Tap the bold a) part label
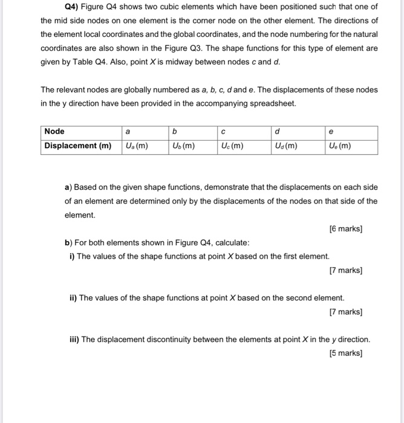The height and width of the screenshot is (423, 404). click(68, 187)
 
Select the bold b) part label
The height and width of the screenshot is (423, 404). click(68, 242)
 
